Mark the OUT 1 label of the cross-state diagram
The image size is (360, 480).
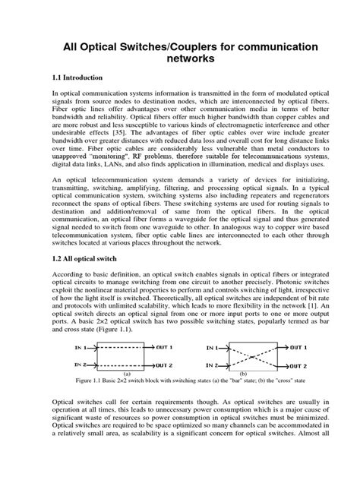click(x=298, y=346)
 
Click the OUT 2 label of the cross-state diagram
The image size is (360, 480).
click(x=298, y=365)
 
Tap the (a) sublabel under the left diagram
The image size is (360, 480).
click(x=128, y=374)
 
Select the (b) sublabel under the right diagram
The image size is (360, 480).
click(x=242, y=374)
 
